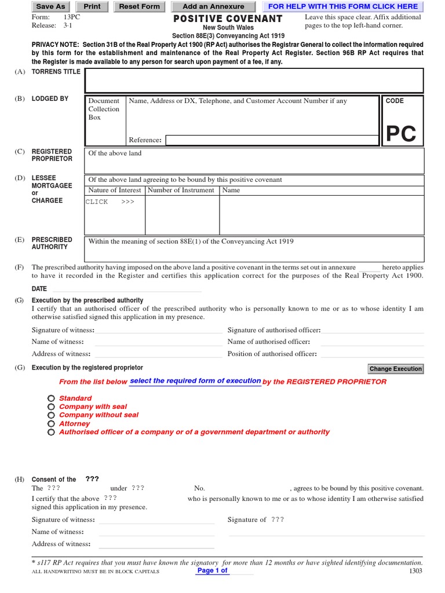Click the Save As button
(x=50, y=6)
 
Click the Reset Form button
(x=139, y=6)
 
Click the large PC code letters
(x=401, y=134)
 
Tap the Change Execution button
(x=396, y=369)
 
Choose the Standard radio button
(x=52, y=398)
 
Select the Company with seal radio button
(x=52, y=407)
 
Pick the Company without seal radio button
(x=52, y=415)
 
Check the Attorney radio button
(x=52, y=424)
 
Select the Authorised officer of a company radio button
(x=52, y=432)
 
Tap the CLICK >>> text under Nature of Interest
(x=110, y=202)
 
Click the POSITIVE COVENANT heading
(x=228, y=19)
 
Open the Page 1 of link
(x=213, y=570)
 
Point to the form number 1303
(x=415, y=571)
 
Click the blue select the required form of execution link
(x=195, y=381)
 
